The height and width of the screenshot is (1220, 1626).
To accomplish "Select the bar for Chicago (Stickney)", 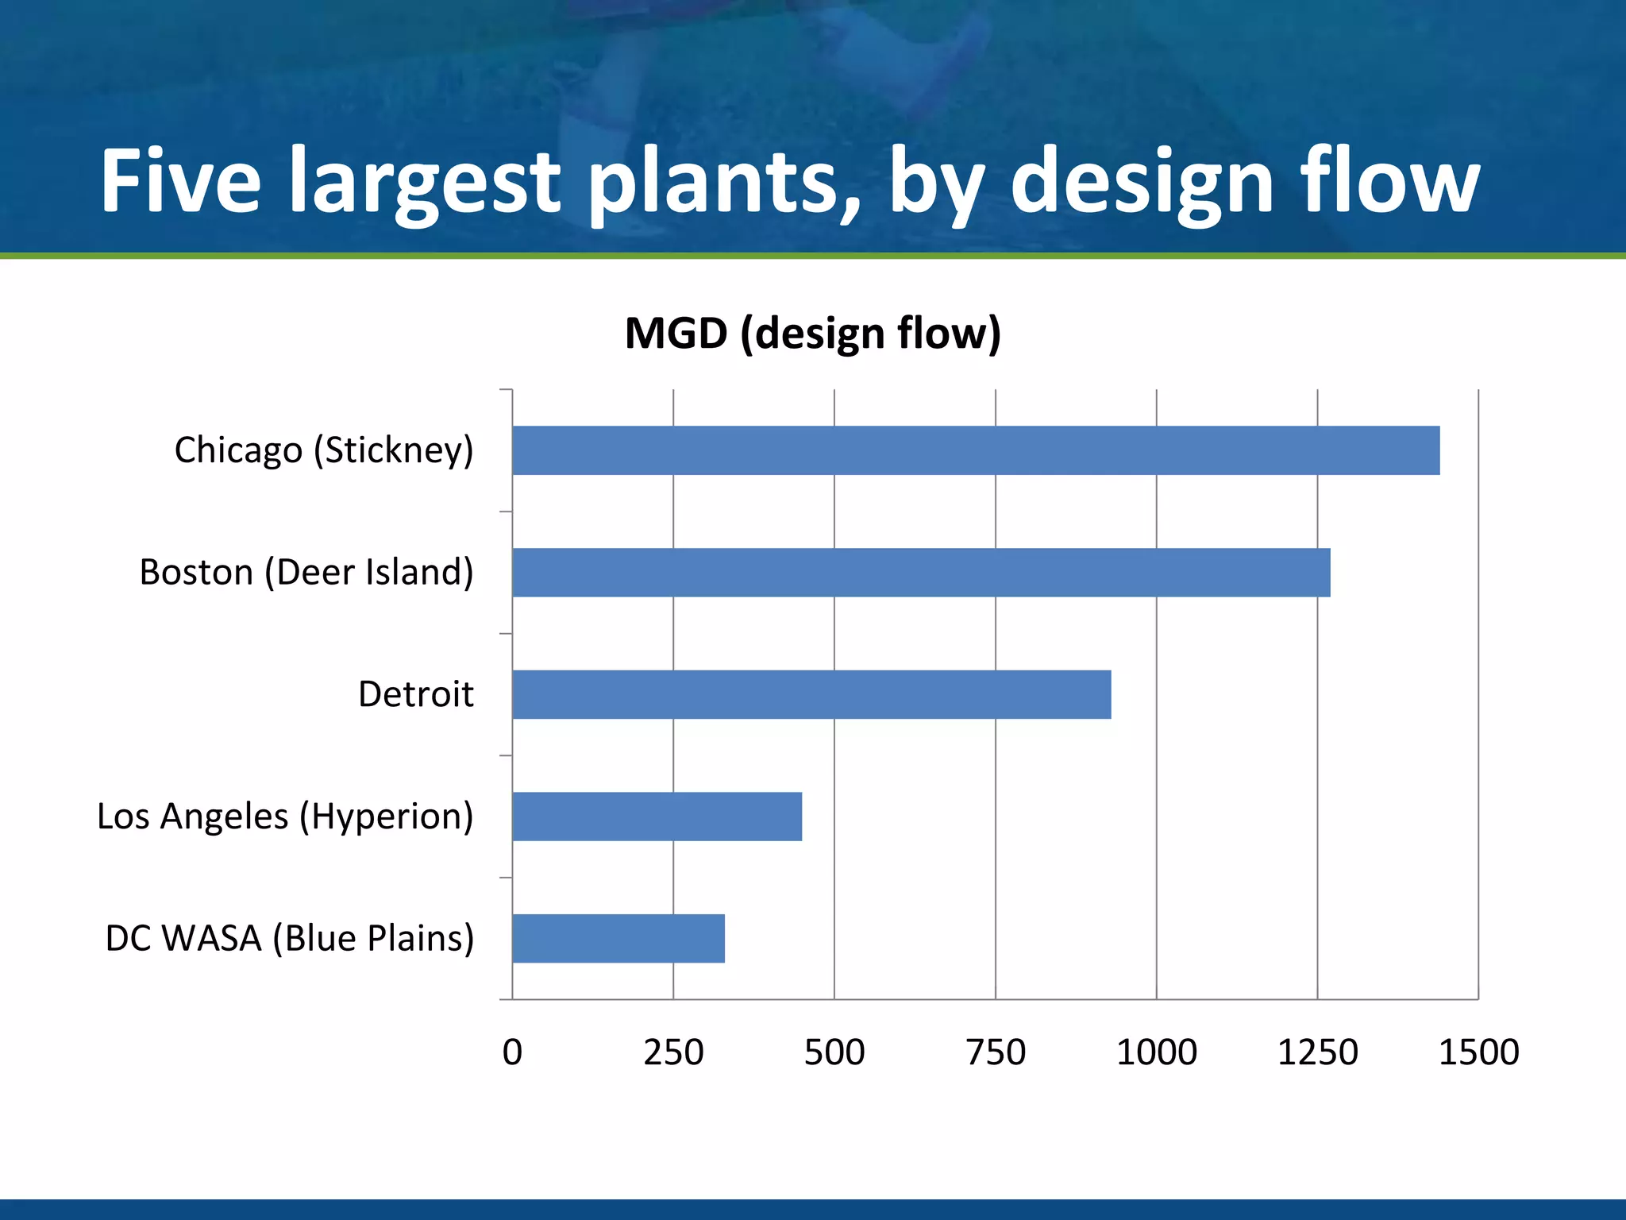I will pos(976,450).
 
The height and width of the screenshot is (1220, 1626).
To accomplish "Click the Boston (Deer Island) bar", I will pos(921,573).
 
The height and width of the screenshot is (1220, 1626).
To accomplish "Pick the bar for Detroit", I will pos(811,694).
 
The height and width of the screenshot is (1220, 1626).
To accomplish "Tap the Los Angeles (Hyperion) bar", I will pos(657,817).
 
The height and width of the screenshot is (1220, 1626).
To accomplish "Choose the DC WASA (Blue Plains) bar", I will pos(618,939).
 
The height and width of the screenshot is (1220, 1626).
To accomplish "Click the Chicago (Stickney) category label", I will pos(324,450).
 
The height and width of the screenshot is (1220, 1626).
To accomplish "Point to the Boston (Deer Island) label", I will pos(306,573).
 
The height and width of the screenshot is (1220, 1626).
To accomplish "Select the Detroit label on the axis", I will pos(415,694).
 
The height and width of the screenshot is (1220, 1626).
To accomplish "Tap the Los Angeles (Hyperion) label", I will pos(285,817).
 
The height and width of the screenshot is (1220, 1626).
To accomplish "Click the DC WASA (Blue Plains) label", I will pos(290,939).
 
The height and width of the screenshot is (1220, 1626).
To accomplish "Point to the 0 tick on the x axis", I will pos(512,1052).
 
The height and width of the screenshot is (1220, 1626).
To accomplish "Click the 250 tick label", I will pos(673,1052).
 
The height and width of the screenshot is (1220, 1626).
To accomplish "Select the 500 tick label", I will pos(834,1052).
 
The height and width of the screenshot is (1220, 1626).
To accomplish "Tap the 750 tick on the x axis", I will pos(996,1052).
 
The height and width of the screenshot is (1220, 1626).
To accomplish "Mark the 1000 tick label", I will pos(1157,1052).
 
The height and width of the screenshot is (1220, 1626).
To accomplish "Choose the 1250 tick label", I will pos(1318,1052).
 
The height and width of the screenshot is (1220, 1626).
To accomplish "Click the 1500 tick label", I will pos(1479,1052).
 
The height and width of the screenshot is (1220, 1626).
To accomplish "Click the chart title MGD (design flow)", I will pos(813,334).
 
